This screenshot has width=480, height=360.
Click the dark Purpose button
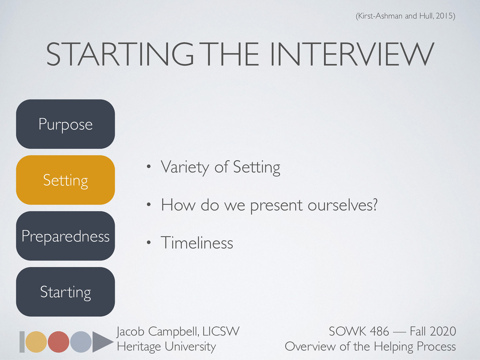(65, 124)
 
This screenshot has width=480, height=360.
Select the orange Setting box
(65, 180)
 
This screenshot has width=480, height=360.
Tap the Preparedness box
(65, 236)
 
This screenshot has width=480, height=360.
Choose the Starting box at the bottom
(65, 292)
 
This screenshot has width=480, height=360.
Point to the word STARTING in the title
(120, 54)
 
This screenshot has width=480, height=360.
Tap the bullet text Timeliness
(197, 243)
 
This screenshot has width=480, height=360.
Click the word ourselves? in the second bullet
(342, 205)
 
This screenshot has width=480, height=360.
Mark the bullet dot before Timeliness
(148, 243)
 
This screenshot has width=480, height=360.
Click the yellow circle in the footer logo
(36, 342)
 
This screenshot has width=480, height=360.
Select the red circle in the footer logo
(58, 342)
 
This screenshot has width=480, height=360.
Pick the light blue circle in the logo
(81, 342)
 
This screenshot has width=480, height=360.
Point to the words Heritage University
(166, 346)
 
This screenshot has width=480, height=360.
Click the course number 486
(379, 331)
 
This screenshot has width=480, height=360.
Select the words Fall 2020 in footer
(433, 331)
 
